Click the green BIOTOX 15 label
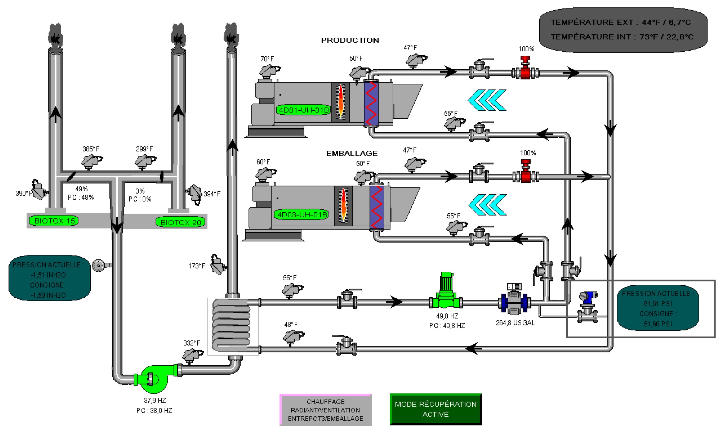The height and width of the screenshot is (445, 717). [x=54, y=221]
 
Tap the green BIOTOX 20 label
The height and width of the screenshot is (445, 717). [x=180, y=222]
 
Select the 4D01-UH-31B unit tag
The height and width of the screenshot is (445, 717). [x=303, y=110]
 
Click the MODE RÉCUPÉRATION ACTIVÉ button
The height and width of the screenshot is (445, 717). [x=436, y=409]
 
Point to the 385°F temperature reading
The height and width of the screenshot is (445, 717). [x=91, y=149]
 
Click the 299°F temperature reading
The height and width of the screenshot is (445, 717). [x=144, y=149]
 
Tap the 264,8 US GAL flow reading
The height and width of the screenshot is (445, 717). [x=515, y=323]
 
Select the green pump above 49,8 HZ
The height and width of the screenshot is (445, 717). [x=446, y=291]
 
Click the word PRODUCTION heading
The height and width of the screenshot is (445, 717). [x=350, y=40]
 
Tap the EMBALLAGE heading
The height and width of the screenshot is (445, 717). [x=352, y=153]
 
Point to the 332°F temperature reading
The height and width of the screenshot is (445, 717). [x=192, y=343]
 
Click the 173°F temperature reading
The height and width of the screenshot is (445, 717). [x=197, y=266]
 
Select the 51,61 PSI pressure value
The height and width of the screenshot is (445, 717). [x=658, y=304]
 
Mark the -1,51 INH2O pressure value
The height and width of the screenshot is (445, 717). [x=48, y=275]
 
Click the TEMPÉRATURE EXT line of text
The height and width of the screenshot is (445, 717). [x=620, y=22]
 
